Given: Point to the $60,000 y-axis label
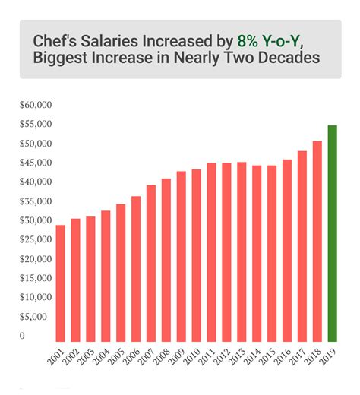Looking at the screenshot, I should (36, 104).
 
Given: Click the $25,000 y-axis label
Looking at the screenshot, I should (36, 239).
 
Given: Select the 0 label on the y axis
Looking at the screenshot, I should (22, 336).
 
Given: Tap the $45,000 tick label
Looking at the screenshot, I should (36, 163).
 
